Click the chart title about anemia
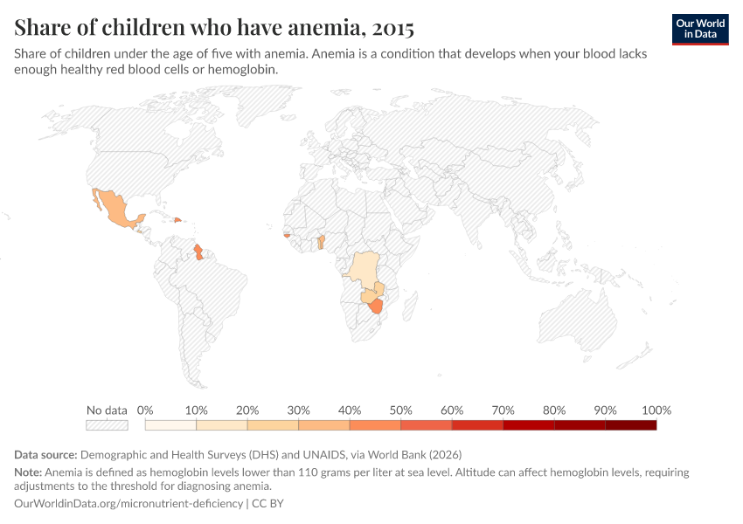214,27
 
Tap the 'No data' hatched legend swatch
107,425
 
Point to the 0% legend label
145,410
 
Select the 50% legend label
400,410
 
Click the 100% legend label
656,410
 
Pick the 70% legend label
503,410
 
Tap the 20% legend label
247,410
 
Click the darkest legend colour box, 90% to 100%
630,425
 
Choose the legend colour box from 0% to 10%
170,425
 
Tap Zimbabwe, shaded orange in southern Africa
377,306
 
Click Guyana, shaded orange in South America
198,252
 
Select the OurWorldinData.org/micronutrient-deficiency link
129,504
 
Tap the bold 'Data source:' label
45,454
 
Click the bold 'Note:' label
29,472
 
